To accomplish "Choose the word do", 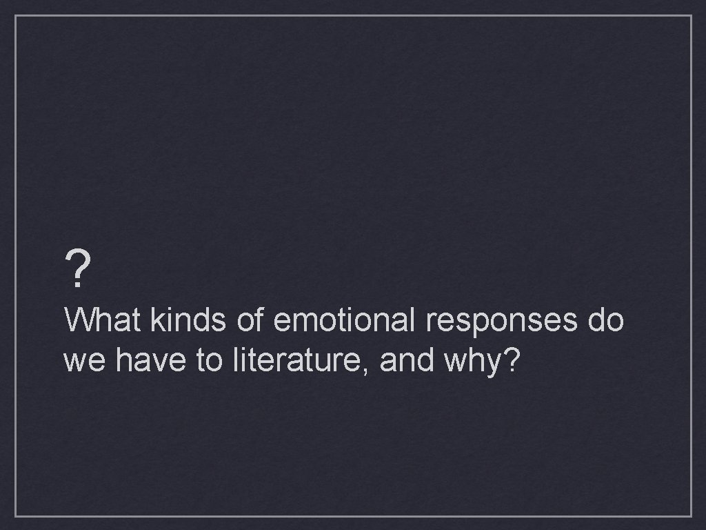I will [605, 320].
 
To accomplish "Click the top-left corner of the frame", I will [15, 15].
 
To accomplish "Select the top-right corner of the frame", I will [691, 15].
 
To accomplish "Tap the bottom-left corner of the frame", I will [15, 516].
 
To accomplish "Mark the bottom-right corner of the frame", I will [691, 516].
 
